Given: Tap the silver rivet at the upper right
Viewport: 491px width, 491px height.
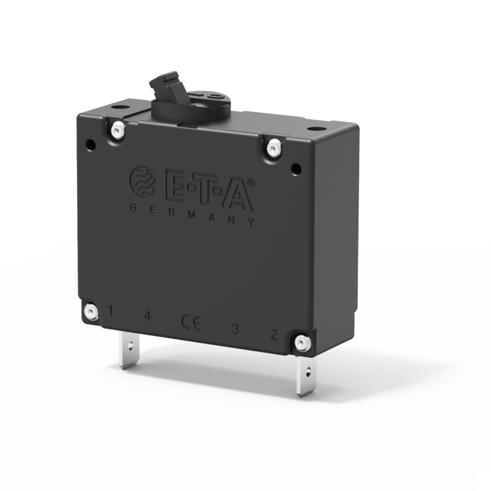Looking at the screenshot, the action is tap(274, 147).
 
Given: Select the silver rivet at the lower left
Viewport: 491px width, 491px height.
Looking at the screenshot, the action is tap(91, 311).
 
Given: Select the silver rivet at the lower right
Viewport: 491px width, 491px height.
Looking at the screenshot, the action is tap(302, 342).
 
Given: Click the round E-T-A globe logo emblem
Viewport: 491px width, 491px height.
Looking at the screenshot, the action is tap(142, 180).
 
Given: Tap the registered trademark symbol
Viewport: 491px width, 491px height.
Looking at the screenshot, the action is tap(251, 182).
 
